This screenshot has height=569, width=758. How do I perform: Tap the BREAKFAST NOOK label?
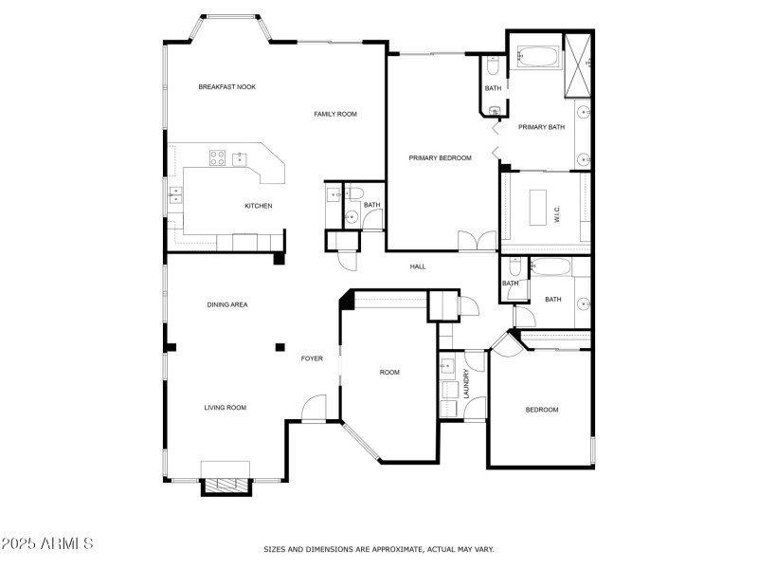[226, 87]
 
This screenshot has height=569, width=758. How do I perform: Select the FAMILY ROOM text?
[335, 114]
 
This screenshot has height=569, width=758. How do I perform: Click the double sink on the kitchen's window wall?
[175, 196]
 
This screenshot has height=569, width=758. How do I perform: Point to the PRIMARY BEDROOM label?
[440, 158]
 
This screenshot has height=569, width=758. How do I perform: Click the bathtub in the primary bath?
[539, 57]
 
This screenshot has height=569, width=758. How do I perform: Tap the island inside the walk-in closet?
[537, 207]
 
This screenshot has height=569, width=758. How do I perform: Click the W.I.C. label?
[557, 215]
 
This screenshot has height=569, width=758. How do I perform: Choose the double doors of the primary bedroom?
[477, 242]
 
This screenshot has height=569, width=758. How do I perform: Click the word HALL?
[418, 266]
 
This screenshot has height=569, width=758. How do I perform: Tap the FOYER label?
[312, 358]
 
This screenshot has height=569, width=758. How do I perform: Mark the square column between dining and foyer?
[280, 347]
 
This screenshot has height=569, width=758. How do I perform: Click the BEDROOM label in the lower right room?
[542, 410]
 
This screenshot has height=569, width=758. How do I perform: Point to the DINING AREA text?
[227, 304]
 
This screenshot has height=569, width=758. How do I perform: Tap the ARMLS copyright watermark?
[47, 543]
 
